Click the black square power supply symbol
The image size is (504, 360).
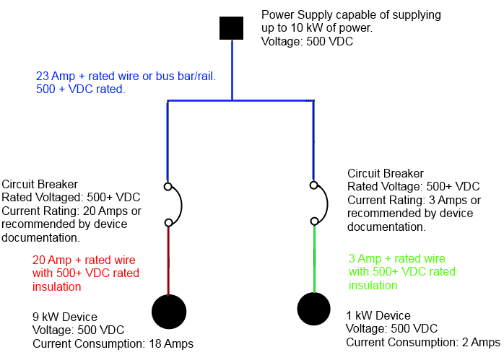pos(232,28)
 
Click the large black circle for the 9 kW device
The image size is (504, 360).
pos(169,312)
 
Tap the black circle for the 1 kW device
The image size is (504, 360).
pos(315,309)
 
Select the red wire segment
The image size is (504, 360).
pos(168,260)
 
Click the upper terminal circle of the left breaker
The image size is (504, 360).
pos(168,187)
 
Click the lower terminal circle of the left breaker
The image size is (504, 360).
pos(168,222)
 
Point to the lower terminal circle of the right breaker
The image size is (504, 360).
pos(313,221)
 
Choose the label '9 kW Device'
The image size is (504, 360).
pos(64,316)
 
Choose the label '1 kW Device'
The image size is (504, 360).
pos(378,315)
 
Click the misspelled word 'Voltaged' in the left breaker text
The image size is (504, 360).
pos(60,198)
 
